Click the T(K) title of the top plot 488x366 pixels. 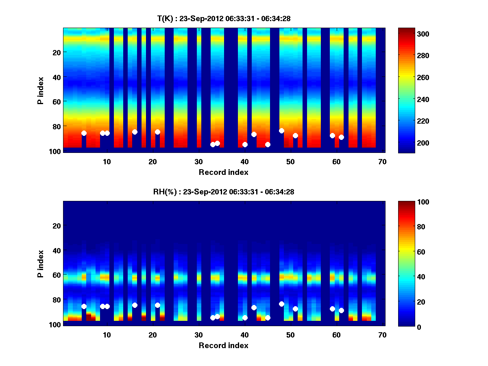[223, 18]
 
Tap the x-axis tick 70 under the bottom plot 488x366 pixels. [382, 335]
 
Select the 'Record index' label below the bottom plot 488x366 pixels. [223, 345]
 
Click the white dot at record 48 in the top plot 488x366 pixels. [281, 131]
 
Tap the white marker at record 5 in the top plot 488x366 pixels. [84, 133]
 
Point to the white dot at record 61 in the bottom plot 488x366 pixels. [341, 310]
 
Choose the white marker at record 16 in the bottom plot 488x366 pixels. [135, 305]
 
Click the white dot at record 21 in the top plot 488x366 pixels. [157, 132]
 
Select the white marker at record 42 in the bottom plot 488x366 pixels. [254, 307]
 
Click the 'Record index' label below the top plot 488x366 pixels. [223, 172]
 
